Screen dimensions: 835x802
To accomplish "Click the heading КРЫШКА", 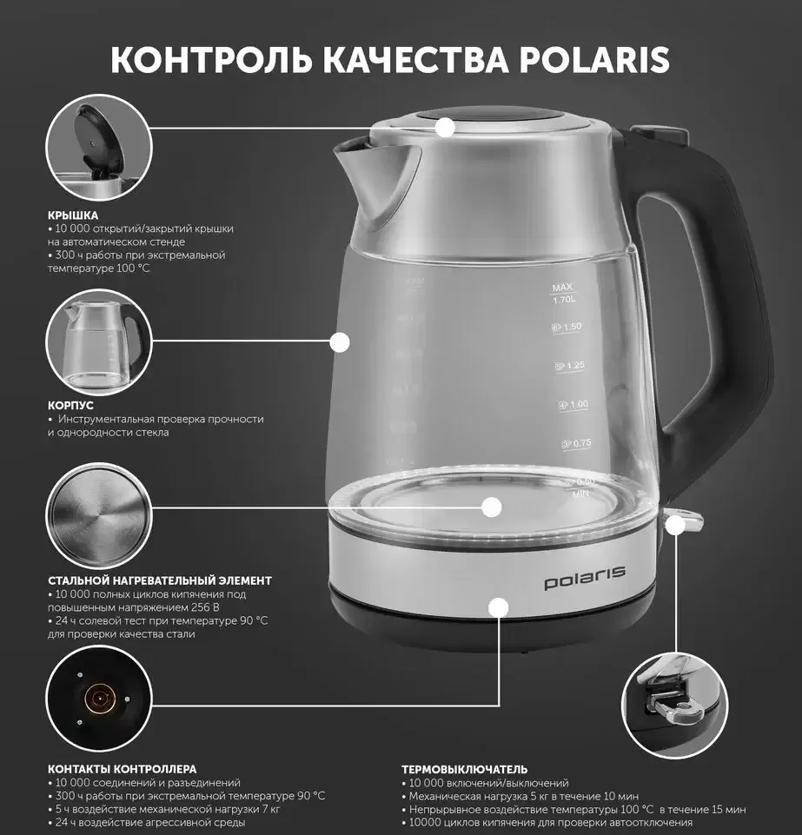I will tap(72, 214).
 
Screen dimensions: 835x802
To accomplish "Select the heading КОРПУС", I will tap(70, 405).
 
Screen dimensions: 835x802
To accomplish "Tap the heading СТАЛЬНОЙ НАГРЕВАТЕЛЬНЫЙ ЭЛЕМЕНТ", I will tap(159, 580).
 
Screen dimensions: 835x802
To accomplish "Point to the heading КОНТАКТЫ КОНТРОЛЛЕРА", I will tap(122, 769).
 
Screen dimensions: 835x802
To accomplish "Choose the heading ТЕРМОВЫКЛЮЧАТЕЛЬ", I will tap(464, 769).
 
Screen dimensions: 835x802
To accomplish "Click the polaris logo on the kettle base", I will tap(585, 578).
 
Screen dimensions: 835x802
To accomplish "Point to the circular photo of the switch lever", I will tap(673, 705).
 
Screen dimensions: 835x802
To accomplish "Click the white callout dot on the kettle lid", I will tap(446, 128).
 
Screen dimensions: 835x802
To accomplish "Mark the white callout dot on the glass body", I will tap(340, 342).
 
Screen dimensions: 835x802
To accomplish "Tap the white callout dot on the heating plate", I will tap(492, 507).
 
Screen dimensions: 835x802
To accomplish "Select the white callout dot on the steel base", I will tap(498, 607).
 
